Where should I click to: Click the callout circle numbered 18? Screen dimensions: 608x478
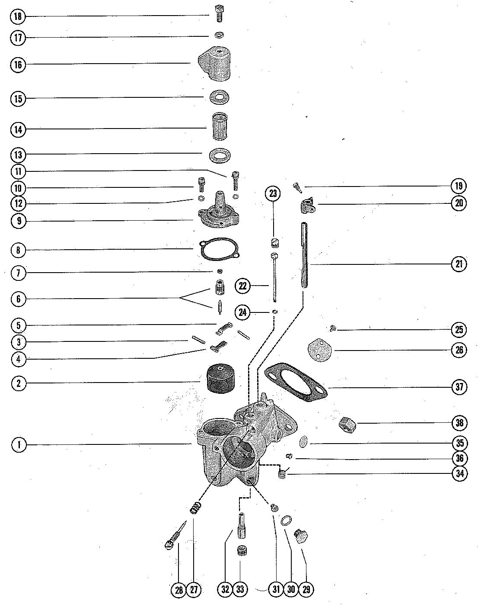click(18, 16)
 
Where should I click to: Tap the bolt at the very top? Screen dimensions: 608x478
click(219, 14)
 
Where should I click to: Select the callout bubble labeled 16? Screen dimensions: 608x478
click(18, 64)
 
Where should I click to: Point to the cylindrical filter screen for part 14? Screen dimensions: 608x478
click(218, 127)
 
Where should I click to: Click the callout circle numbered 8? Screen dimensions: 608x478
click(18, 250)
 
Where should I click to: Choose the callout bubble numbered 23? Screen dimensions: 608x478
click(273, 193)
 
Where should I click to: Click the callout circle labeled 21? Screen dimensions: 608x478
click(459, 264)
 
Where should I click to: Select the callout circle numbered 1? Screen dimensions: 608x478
click(18, 444)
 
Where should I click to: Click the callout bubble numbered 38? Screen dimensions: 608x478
click(459, 422)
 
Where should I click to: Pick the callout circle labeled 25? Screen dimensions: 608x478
click(459, 330)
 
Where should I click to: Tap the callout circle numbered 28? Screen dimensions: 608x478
click(178, 589)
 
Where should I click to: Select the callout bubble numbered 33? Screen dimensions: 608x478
click(240, 589)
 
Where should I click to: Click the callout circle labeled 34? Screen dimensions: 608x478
click(459, 473)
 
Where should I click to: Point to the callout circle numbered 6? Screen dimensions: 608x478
click(18, 299)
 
